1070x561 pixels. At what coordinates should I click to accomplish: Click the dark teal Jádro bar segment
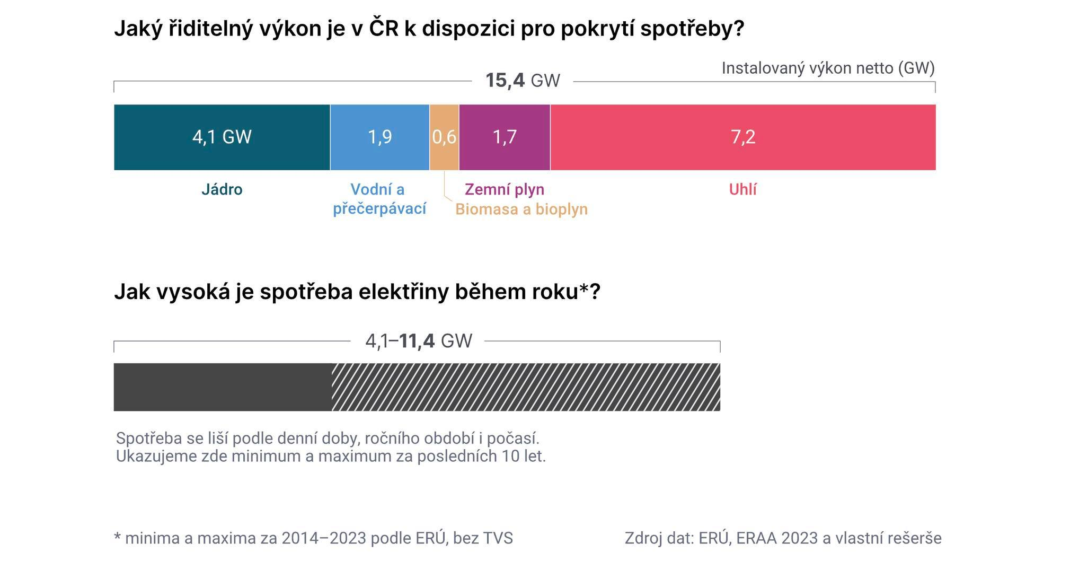tap(222, 137)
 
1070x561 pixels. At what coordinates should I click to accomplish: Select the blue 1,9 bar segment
tap(379, 137)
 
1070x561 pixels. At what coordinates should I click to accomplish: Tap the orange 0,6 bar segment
tap(444, 137)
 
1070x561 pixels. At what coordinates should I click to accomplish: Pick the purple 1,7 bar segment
tap(505, 137)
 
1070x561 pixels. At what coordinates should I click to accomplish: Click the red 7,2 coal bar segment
tap(742, 137)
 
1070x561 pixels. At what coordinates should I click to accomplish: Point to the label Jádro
tap(222, 189)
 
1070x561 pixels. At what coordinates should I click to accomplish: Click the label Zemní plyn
tap(504, 189)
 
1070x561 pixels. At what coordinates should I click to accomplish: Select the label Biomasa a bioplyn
tap(521, 209)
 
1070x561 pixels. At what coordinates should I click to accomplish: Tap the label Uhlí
tap(742, 189)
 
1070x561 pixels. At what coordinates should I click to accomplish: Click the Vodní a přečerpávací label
tap(379, 199)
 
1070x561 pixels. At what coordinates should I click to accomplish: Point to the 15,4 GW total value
tap(523, 81)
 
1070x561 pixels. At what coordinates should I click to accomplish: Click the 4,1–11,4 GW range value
tap(418, 341)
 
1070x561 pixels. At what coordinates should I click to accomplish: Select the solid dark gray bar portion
tap(223, 387)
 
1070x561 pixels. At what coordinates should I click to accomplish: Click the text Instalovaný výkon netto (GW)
tap(828, 68)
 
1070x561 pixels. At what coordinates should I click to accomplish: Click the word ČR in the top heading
tap(383, 28)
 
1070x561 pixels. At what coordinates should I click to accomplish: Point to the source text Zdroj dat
tap(783, 538)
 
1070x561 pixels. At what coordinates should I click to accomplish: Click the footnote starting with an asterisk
tap(313, 538)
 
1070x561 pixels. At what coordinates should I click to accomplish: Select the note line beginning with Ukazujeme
tap(331, 456)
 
